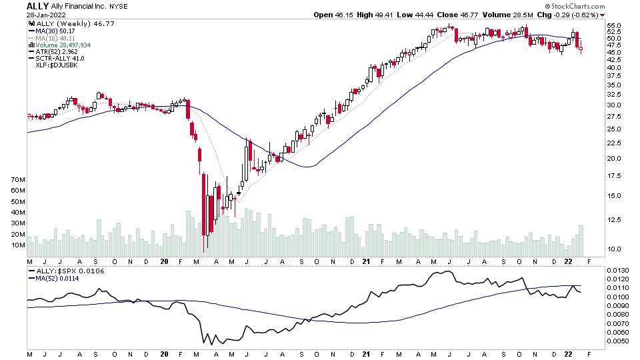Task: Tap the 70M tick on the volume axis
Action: (19, 180)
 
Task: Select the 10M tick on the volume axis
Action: (19, 245)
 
